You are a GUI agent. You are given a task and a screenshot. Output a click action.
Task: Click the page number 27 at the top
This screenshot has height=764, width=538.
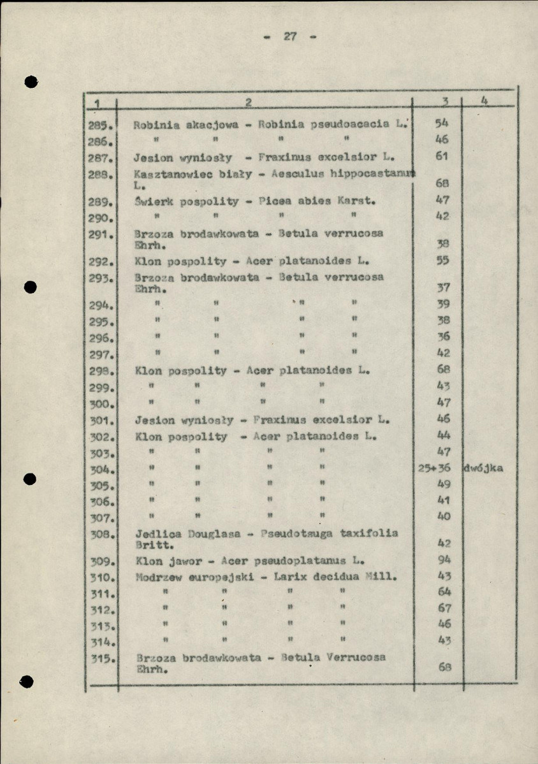point(291,36)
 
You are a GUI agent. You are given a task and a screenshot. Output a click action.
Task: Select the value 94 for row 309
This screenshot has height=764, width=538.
point(445,559)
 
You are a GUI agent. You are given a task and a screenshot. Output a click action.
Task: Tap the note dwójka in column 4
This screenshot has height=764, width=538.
point(484,468)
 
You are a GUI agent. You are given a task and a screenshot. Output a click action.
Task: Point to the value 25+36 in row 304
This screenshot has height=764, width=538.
point(434,468)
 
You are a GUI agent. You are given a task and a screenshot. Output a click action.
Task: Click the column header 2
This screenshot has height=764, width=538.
point(248,102)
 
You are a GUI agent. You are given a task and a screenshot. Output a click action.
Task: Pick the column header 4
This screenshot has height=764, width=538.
point(485,101)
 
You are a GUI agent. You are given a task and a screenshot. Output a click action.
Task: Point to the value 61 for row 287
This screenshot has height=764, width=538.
point(444,156)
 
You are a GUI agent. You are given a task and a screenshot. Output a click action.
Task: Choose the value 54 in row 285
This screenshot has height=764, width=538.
point(443,123)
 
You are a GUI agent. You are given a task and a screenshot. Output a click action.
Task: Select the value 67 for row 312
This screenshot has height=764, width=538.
point(444,608)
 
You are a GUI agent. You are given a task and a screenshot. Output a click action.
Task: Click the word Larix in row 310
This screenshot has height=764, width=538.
point(290,577)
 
